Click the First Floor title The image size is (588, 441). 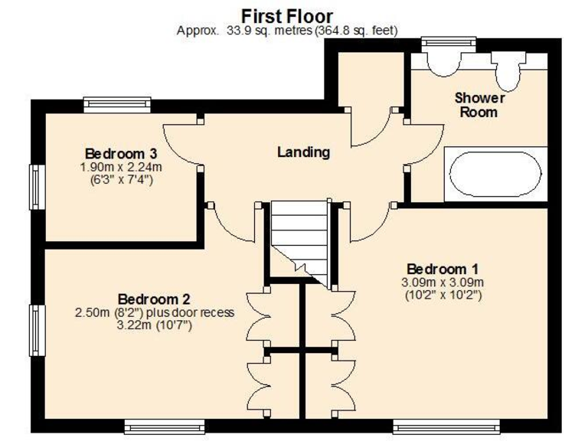(x=287, y=15)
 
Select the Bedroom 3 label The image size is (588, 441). (x=116, y=152)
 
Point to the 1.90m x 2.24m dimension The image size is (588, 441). (x=116, y=166)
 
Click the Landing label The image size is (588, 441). (x=303, y=152)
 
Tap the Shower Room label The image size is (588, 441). (x=479, y=105)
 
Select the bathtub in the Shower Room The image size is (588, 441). (x=496, y=174)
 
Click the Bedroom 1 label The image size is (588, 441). (x=443, y=269)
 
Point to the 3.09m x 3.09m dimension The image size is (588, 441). (x=443, y=282)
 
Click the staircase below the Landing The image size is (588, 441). (x=300, y=237)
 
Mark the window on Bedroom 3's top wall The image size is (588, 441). (x=117, y=103)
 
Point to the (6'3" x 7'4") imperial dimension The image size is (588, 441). (x=116, y=179)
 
